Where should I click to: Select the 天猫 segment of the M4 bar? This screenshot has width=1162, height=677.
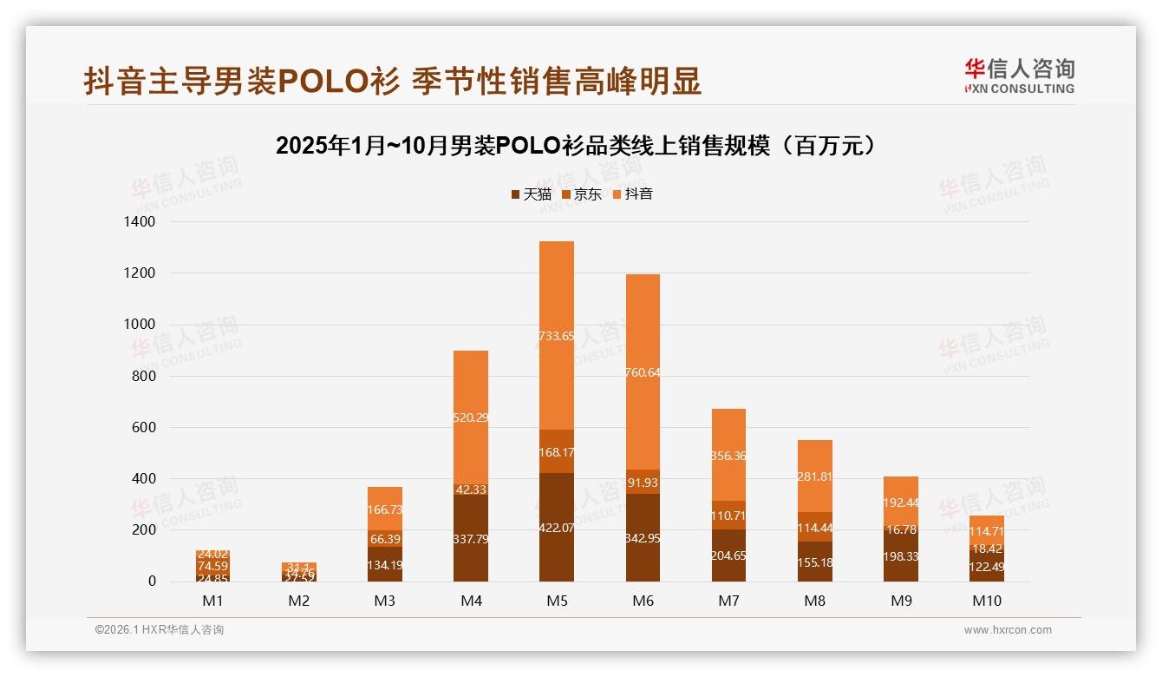(x=470, y=538)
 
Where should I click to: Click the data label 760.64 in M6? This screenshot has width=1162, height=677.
(x=642, y=373)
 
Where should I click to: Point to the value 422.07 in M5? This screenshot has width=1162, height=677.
(x=556, y=527)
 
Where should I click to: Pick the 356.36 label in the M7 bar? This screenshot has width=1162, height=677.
(x=728, y=456)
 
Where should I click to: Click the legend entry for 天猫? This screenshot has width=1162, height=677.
(x=531, y=194)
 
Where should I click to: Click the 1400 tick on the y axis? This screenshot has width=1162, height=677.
(x=138, y=222)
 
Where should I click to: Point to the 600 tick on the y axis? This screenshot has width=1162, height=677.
(x=143, y=428)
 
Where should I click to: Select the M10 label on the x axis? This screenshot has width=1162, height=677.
(x=986, y=601)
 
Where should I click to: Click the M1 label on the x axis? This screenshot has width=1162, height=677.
(x=212, y=601)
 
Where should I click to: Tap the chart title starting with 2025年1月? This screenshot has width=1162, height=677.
(x=580, y=145)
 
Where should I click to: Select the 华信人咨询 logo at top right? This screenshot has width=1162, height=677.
(x=1019, y=76)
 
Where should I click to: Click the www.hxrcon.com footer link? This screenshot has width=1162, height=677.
(x=1008, y=630)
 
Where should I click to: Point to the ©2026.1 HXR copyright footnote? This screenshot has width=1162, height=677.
(x=159, y=630)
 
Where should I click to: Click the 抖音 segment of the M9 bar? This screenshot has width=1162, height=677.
(x=900, y=501)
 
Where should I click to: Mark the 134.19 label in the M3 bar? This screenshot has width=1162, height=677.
(x=384, y=565)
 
